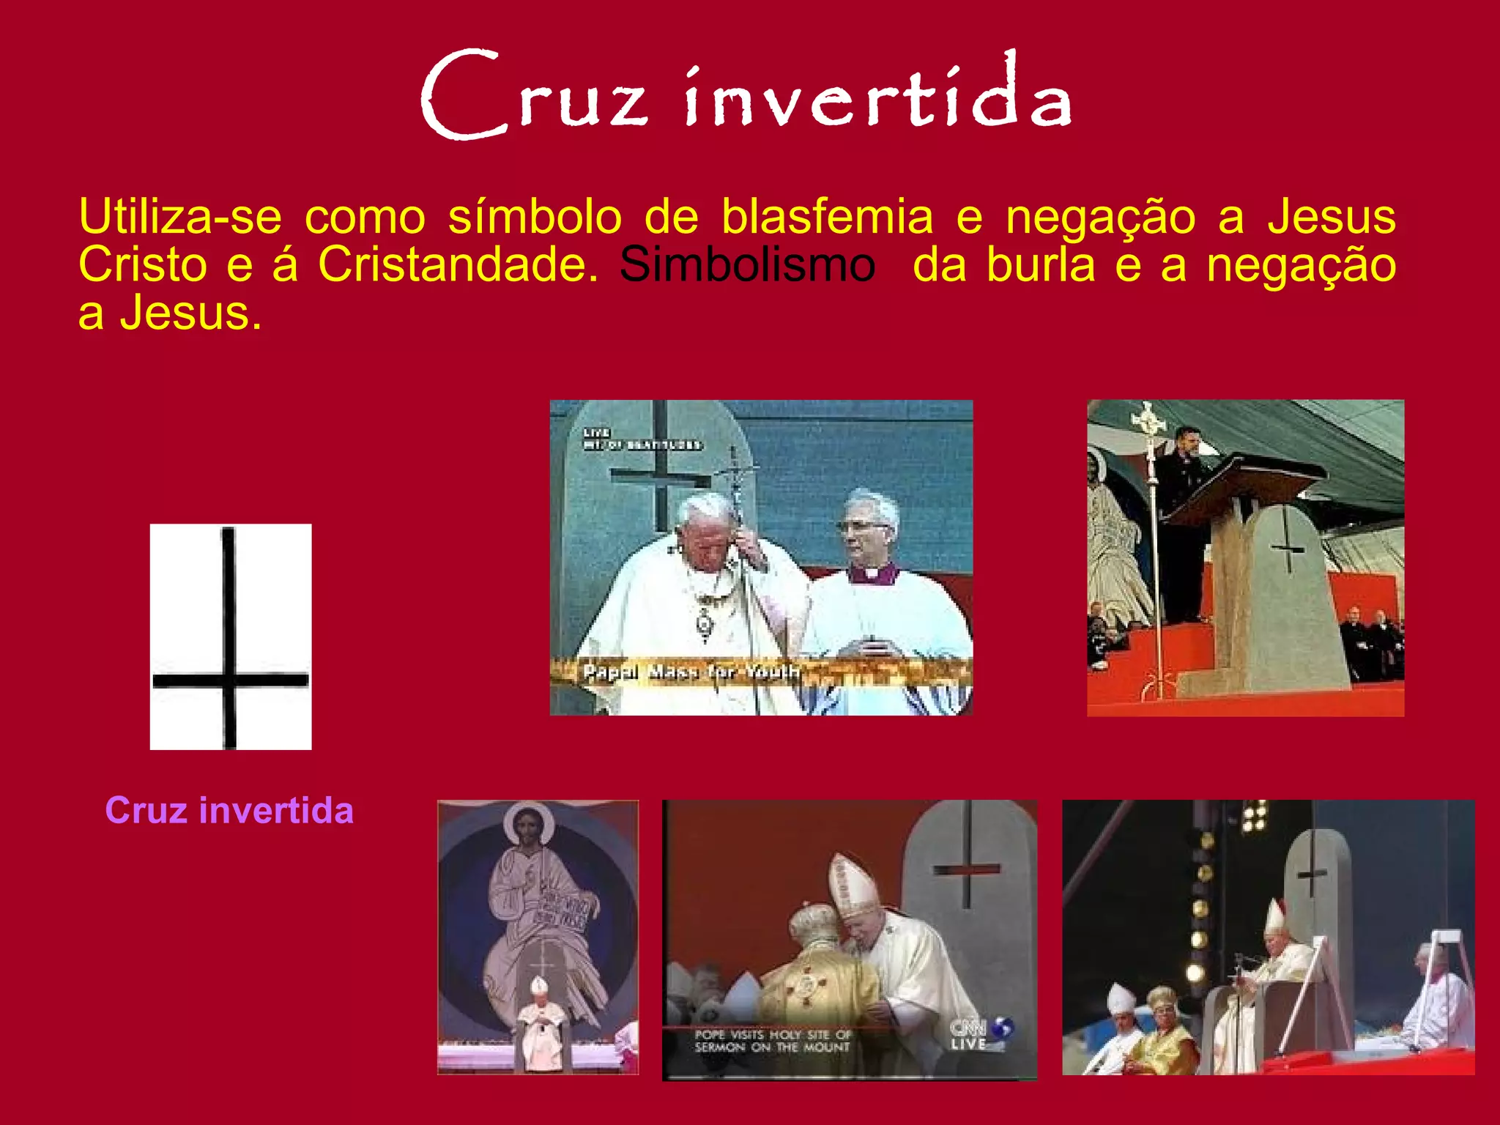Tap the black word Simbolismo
tap(747, 264)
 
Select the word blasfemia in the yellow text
tap(827, 217)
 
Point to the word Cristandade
tap(458, 264)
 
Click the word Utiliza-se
tap(180, 217)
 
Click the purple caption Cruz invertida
tap(229, 811)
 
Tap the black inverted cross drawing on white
tap(230, 636)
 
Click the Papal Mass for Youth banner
tap(690, 671)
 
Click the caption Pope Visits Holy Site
tap(772, 1041)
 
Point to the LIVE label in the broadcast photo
tap(597, 433)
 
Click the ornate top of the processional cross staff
tap(1148, 420)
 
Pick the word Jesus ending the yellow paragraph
tap(189, 313)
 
